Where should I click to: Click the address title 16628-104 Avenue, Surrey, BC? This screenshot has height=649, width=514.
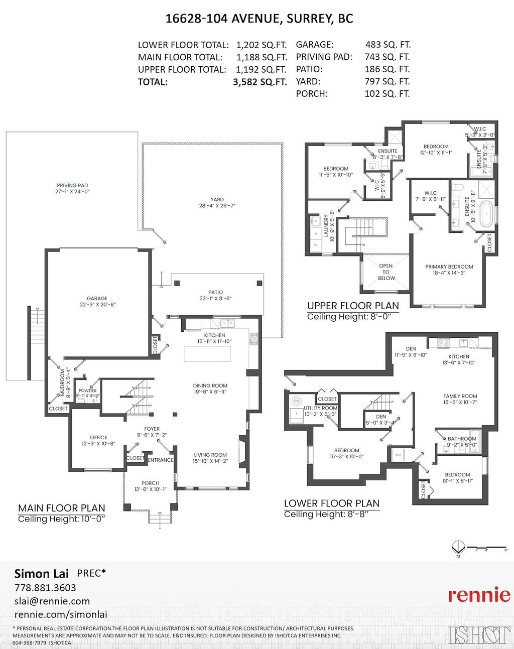259,19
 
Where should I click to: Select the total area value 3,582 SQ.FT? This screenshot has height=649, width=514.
260,82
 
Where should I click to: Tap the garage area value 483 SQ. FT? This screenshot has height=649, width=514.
387,45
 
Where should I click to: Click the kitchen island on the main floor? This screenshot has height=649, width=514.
207,354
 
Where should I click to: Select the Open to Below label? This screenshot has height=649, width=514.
386,272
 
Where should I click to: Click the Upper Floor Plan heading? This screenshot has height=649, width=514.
353,306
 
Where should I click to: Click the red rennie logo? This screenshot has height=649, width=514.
479,595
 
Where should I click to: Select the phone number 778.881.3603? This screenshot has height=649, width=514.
45,588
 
